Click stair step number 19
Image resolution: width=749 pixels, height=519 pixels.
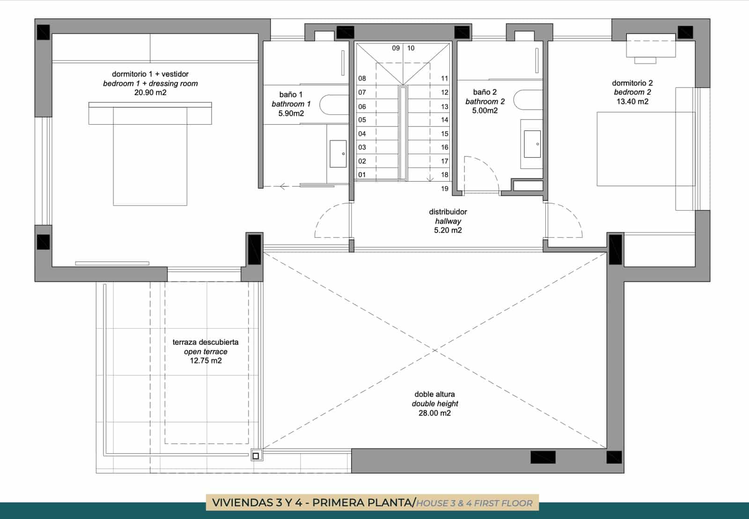click(x=444, y=189)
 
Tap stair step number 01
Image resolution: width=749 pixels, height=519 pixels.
click(x=362, y=175)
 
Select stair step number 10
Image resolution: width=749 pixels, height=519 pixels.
click(x=411, y=48)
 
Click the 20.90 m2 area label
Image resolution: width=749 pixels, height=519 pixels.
click(x=150, y=93)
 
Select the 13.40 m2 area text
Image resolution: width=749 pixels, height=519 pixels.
click(x=632, y=102)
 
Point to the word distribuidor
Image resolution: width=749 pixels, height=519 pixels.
click(x=448, y=212)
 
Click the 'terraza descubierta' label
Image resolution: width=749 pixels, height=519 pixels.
click(x=206, y=342)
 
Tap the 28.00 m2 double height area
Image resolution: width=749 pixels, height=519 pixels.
click(x=435, y=413)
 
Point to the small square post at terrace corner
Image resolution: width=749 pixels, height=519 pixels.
click(x=256, y=456)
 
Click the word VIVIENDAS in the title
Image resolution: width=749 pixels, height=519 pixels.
click(x=243, y=503)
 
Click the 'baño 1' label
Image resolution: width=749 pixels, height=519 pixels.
click(x=291, y=95)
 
